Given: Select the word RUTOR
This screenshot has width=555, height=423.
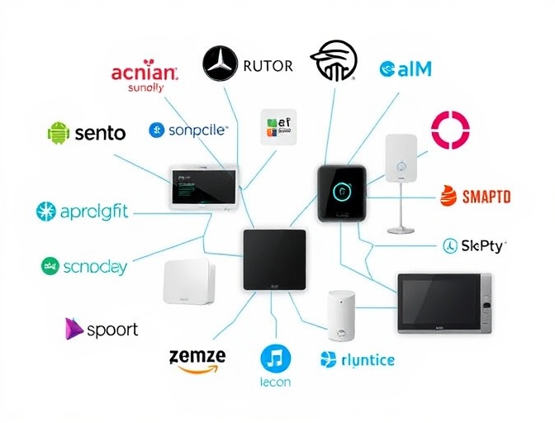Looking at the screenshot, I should (x=268, y=65).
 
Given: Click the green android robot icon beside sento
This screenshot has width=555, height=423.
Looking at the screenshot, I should (x=59, y=131).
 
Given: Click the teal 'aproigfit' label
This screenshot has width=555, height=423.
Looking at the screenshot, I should (x=94, y=211).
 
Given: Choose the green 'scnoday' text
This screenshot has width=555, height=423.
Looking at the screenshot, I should (x=94, y=266).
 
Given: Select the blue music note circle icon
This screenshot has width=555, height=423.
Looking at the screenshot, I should (x=275, y=359).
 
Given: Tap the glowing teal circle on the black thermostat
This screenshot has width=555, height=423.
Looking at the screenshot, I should (x=343, y=192).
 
